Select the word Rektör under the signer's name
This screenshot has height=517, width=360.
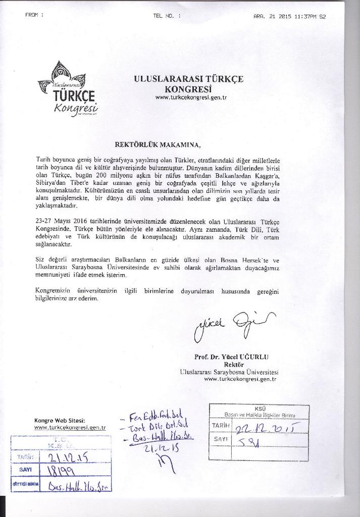pos(234,365)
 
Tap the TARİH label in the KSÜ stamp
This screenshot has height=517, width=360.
pos(220,427)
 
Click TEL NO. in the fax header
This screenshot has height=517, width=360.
pos(166,16)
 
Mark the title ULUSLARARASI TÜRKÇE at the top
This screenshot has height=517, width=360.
pos(188,79)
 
